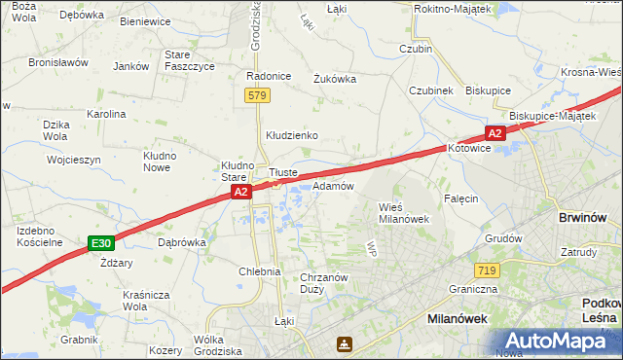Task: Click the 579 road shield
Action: tap(256, 95)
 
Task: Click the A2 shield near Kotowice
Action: tap(495, 133)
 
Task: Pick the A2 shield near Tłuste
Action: tap(243, 195)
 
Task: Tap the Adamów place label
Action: tap(332, 185)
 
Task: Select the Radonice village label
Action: tap(270, 76)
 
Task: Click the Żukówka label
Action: tap(335, 80)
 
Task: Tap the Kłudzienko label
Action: tap(293, 135)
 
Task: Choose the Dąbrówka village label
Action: tap(181, 241)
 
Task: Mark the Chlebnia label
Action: tap(260, 271)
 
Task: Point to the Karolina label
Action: tap(106, 114)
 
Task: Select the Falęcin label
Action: tap(461, 198)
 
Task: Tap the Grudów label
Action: tap(502, 237)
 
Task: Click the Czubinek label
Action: tap(431, 90)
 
